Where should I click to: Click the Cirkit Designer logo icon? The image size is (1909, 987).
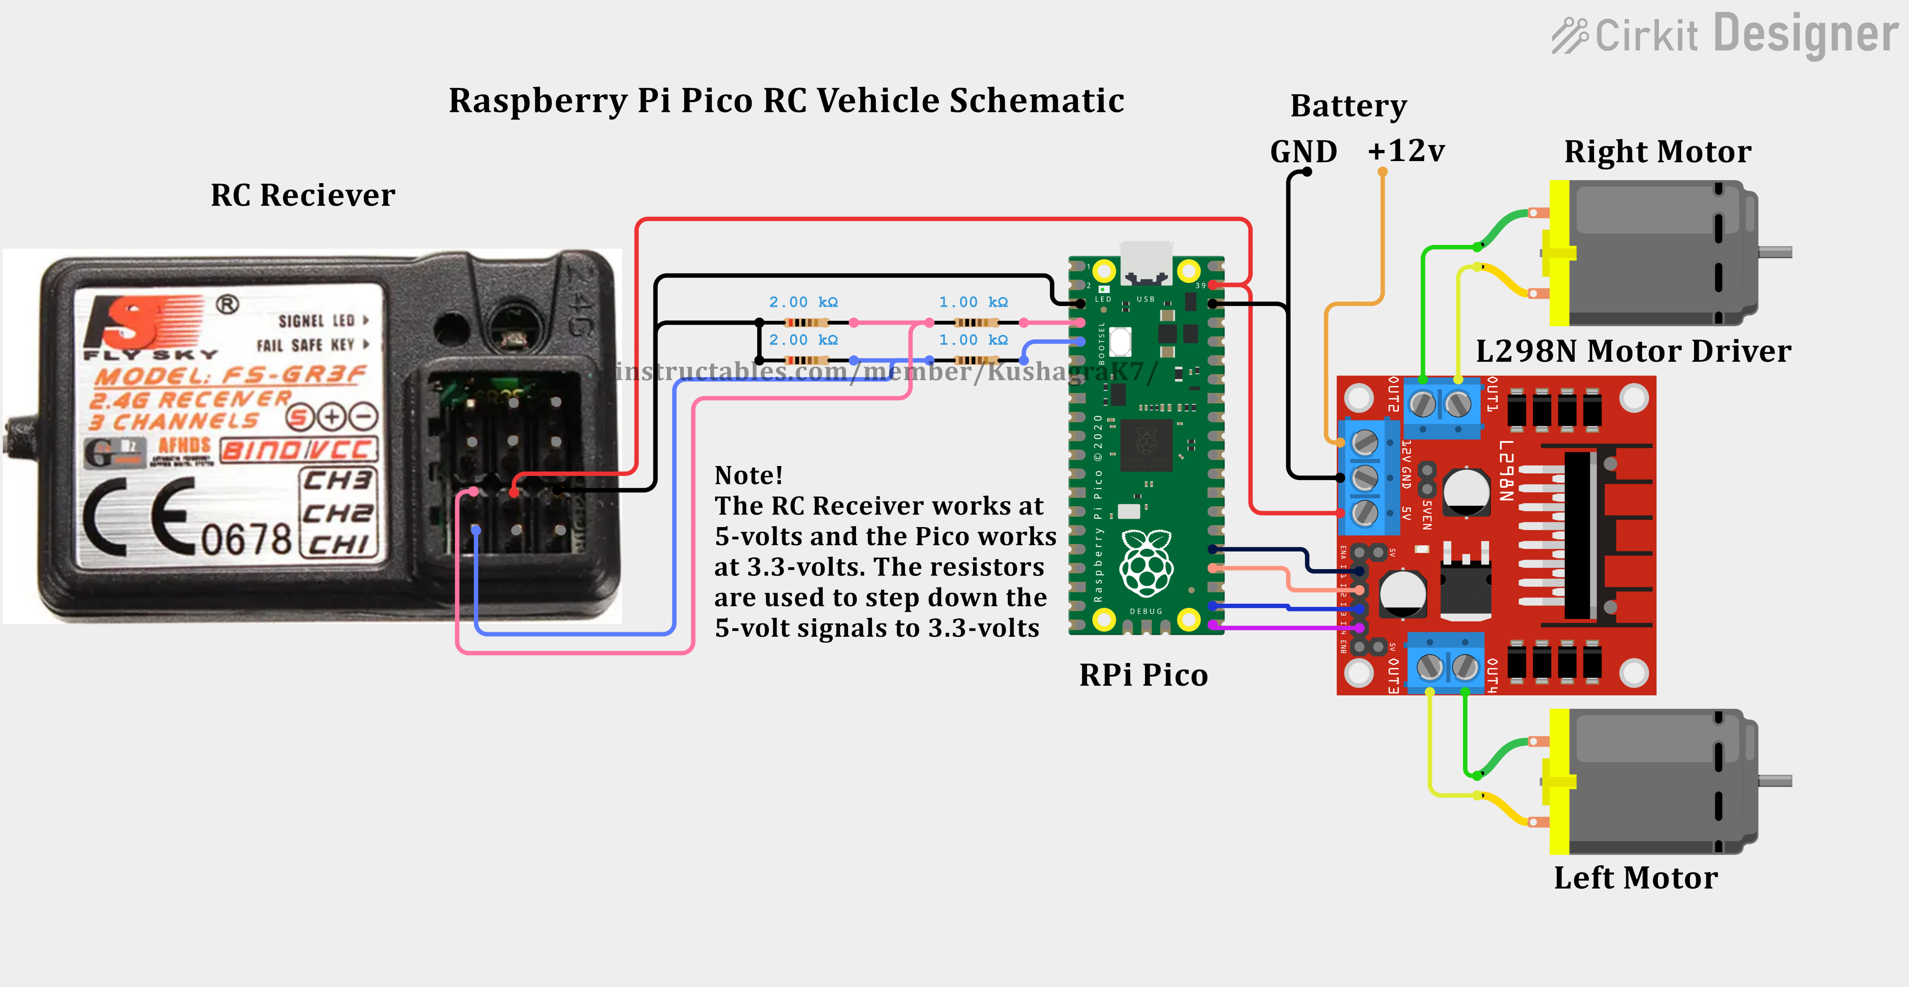click(x=1570, y=35)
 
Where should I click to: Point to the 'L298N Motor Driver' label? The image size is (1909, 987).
click(x=1633, y=351)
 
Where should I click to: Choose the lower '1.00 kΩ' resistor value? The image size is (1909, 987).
click(x=973, y=340)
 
